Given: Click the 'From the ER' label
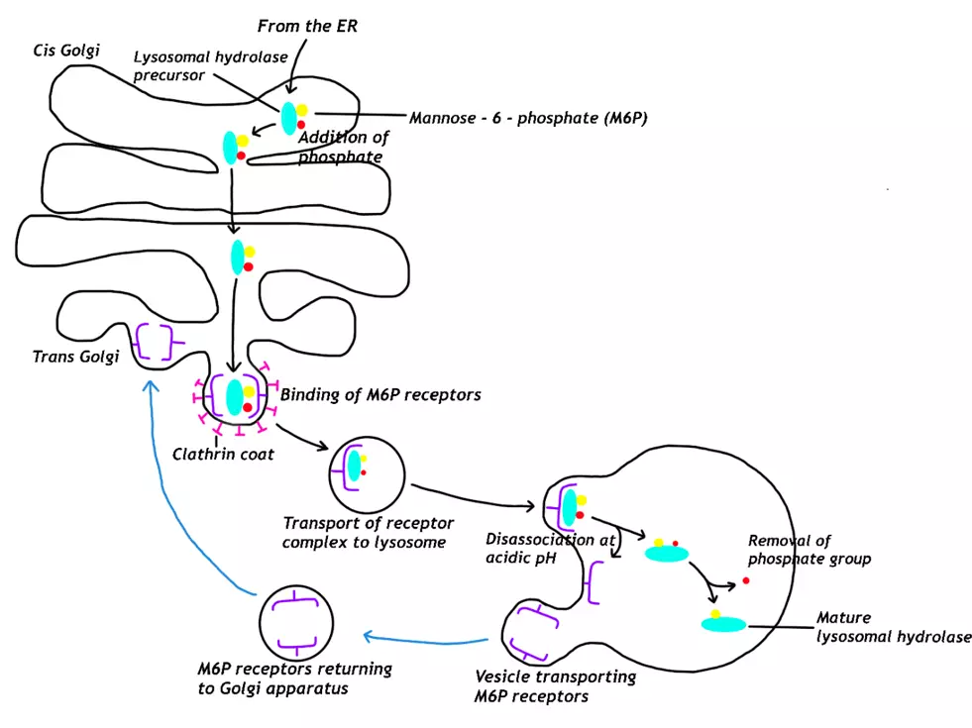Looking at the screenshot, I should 306,27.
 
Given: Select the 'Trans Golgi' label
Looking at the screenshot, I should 75,357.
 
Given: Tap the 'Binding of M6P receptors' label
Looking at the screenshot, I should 381,394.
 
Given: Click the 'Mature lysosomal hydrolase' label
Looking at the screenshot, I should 892,627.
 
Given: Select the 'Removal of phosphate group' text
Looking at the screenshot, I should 809,550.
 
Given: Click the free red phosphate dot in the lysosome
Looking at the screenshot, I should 745,581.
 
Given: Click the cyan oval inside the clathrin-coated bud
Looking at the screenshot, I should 235,396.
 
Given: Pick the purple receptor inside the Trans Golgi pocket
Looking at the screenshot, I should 155,344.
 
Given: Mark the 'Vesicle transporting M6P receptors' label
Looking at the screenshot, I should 555,686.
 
